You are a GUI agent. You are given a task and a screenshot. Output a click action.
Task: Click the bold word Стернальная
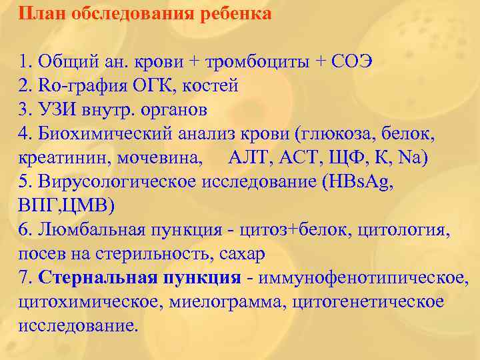click(98, 278)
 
